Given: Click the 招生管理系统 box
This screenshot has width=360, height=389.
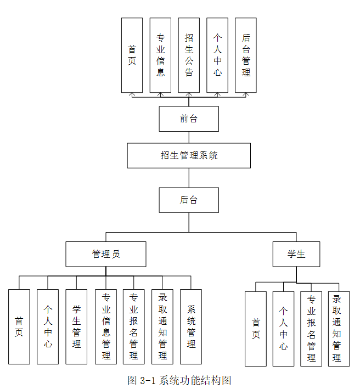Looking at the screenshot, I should click(x=189, y=155).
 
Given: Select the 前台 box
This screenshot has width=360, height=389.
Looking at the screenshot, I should click(x=189, y=119).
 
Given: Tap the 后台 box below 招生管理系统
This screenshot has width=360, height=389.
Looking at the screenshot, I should click(x=189, y=200).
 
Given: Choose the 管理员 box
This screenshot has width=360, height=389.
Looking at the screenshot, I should click(x=106, y=254).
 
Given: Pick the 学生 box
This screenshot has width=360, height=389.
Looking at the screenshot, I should click(x=296, y=254).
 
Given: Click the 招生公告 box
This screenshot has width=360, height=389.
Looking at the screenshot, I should click(x=189, y=55).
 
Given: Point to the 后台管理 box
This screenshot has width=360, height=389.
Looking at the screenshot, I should click(x=246, y=55).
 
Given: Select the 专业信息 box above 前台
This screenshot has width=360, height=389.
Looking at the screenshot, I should click(x=160, y=55).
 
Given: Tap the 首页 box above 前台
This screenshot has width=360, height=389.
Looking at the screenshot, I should click(x=132, y=55).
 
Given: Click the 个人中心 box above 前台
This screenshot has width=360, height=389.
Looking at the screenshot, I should click(x=217, y=55).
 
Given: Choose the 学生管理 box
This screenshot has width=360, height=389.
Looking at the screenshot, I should click(x=76, y=326).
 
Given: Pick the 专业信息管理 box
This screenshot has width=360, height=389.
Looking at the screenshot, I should click(x=105, y=326).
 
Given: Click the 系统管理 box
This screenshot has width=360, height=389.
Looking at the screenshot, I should click(x=191, y=326).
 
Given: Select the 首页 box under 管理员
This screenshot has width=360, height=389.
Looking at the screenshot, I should click(x=19, y=326).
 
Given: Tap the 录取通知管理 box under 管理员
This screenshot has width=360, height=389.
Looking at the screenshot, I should click(x=162, y=326).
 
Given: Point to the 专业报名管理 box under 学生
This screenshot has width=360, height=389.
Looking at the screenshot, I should click(x=311, y=328).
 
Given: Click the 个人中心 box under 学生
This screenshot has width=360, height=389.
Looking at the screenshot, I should click(x=283, y=328).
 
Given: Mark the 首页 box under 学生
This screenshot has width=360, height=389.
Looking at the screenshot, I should click(x=255, y=328).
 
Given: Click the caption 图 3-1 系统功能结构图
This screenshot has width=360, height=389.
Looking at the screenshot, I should click(x=179, y=380).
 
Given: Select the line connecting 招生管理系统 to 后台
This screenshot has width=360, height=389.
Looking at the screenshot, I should click(x=189, y=178).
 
